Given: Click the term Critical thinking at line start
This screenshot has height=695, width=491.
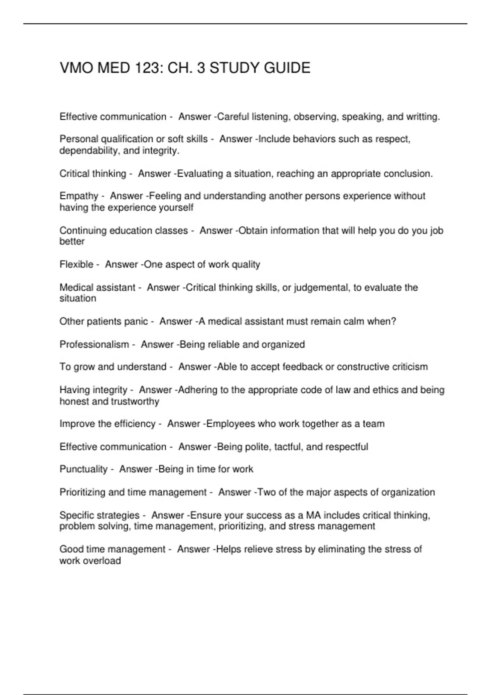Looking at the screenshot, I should coord(93,174).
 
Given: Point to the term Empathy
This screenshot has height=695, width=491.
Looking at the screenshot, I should coord(79,196).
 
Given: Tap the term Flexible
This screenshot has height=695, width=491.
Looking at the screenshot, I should coord(77,265).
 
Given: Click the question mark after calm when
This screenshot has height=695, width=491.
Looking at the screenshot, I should coord(394,321).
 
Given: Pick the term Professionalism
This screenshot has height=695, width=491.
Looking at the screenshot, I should coord(94,345).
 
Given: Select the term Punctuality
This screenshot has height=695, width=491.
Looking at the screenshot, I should coord(83,469).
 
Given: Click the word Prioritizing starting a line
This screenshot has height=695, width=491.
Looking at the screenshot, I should coord(82,492).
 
